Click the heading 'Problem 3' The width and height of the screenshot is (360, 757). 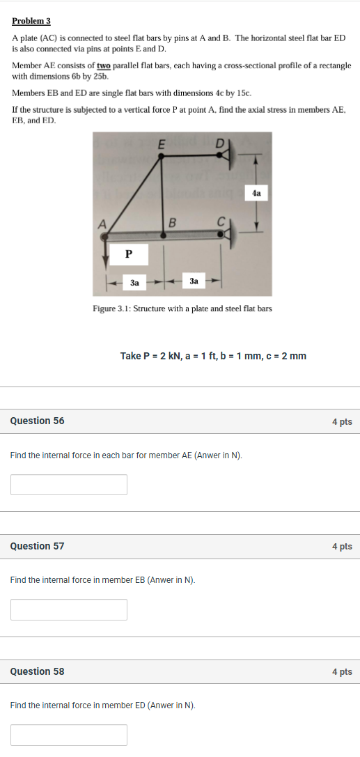coord(31,21)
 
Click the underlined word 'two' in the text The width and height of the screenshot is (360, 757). coord(104,65)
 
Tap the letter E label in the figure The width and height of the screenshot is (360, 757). coord(162,144)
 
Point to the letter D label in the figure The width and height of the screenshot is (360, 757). coord(219,143)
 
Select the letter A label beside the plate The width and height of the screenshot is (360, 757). coord(102,224)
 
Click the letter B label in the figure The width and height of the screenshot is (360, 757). coord(173,223)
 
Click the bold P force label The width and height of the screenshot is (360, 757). coord(129,255)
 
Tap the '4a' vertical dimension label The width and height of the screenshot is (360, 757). coord(257,193)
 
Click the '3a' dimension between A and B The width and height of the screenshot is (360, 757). coord(134,283)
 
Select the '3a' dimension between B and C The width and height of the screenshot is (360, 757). coord(194,281)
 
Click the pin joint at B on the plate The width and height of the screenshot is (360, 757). coord(164,235)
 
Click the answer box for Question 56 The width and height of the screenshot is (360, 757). coord(69,485)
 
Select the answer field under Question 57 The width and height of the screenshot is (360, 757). coord(69,609)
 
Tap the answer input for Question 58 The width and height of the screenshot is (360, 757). coord(69,735)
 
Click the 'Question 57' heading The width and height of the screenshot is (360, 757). coord(37,546)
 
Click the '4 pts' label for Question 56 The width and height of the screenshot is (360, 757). coord(342,421)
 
